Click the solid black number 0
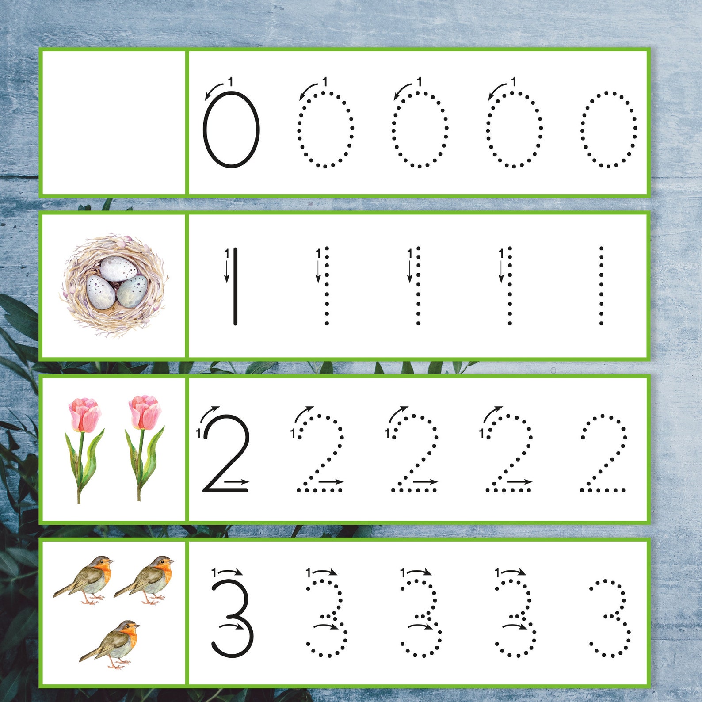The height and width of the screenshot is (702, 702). point(231,130)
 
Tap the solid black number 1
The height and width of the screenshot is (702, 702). point(236,286)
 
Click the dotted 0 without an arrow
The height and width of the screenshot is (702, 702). point(609,130)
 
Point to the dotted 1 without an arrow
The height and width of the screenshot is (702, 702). point(601,286)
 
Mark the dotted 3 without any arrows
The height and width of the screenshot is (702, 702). point(610,618)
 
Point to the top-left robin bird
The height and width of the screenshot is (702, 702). point(87,578)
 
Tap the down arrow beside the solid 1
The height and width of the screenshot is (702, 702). point(227,271)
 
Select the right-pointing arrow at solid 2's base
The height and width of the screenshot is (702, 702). point(237,481)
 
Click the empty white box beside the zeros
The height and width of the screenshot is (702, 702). point(113,122)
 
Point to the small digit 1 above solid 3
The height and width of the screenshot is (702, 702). point(214,572)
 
